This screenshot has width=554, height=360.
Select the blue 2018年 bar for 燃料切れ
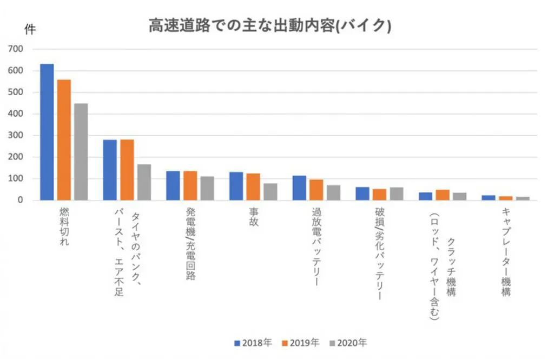47,132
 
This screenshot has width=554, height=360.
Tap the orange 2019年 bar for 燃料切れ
64,140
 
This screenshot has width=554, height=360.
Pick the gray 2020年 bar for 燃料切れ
81,152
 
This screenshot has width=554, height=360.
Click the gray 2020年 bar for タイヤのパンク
144,182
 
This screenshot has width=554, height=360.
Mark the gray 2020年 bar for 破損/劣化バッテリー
396,194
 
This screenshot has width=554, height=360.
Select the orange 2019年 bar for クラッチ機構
443,195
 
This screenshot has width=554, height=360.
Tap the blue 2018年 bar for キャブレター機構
489,197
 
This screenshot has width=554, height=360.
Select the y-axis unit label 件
30,30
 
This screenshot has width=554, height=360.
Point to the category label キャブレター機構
506,252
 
